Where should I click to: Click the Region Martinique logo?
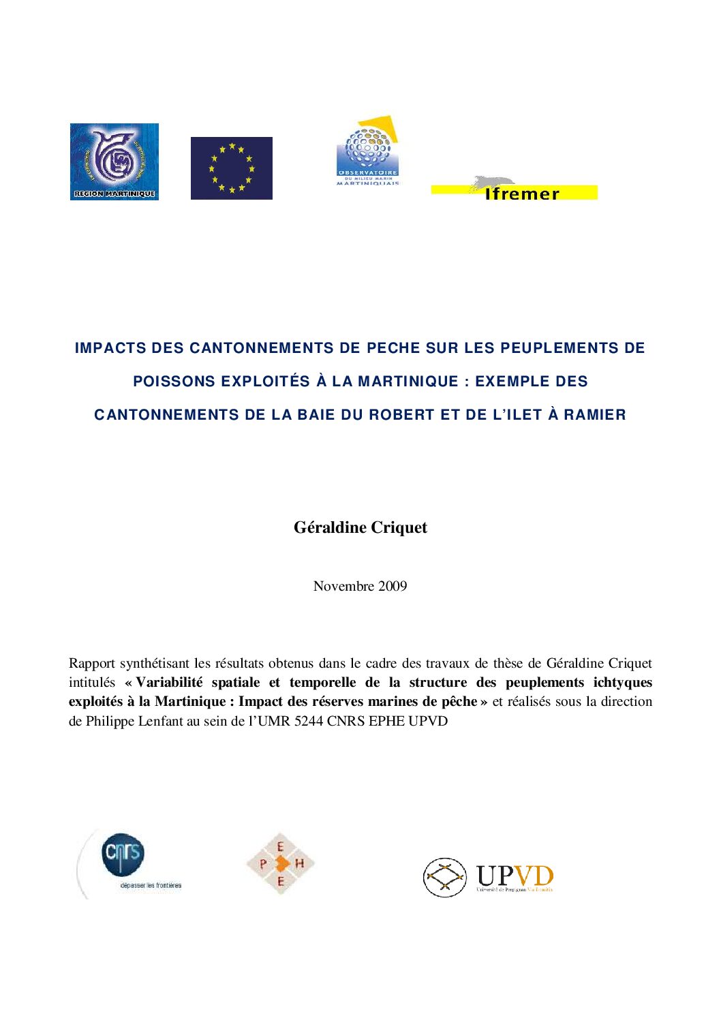pyautogui.click(x=114, y=161)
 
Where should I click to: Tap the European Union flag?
pyautogui.click(x=232, y=168)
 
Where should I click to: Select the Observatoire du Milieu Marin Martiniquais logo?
pyautogui.click(x=368, y=151)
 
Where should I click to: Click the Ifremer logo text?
pyautogui.click(x=522, y=194)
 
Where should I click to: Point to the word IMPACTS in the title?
pyautogui.click(x=110, y=348)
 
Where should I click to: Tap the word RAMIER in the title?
pyautogui.click(x=594, y=415)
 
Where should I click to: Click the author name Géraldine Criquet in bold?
pyautogui.click(x=360, y=527)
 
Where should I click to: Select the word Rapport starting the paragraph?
pyautogui.click(x=92, y=663)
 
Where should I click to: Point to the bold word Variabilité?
pyautogui.click(x=169, y=682)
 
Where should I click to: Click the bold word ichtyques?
pyautogui.click(x=622, y=682)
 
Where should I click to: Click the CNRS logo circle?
pyautogui.click(x=123, y=854)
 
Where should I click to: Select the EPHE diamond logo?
pyautogui.click(x=280, y=863)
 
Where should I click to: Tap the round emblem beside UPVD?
pyautogui.click(x=445, y=877)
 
